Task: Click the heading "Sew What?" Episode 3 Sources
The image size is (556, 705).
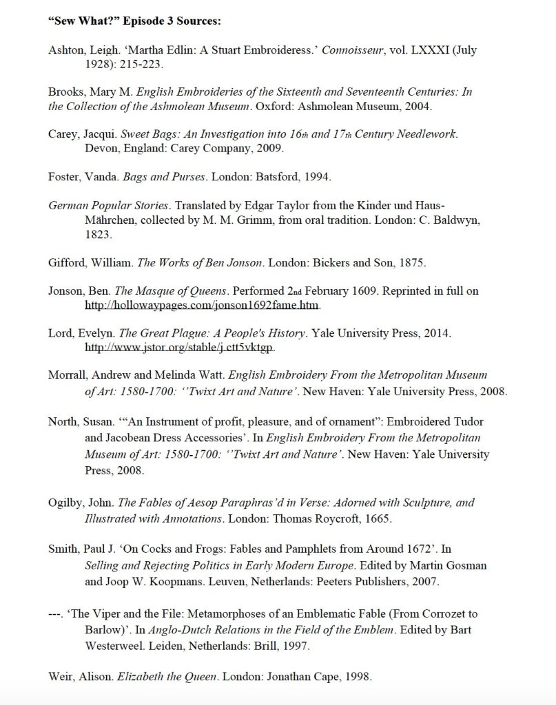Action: (x=134, y=21)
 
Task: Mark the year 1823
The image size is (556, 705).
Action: (x=99, y=234)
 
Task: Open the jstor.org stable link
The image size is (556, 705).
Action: (x=179, y=347)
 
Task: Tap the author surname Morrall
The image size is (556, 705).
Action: (x=68, y=375)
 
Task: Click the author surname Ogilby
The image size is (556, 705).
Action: (x=66, y=503)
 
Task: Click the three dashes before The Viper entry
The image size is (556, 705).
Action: (x=56, y=613)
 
